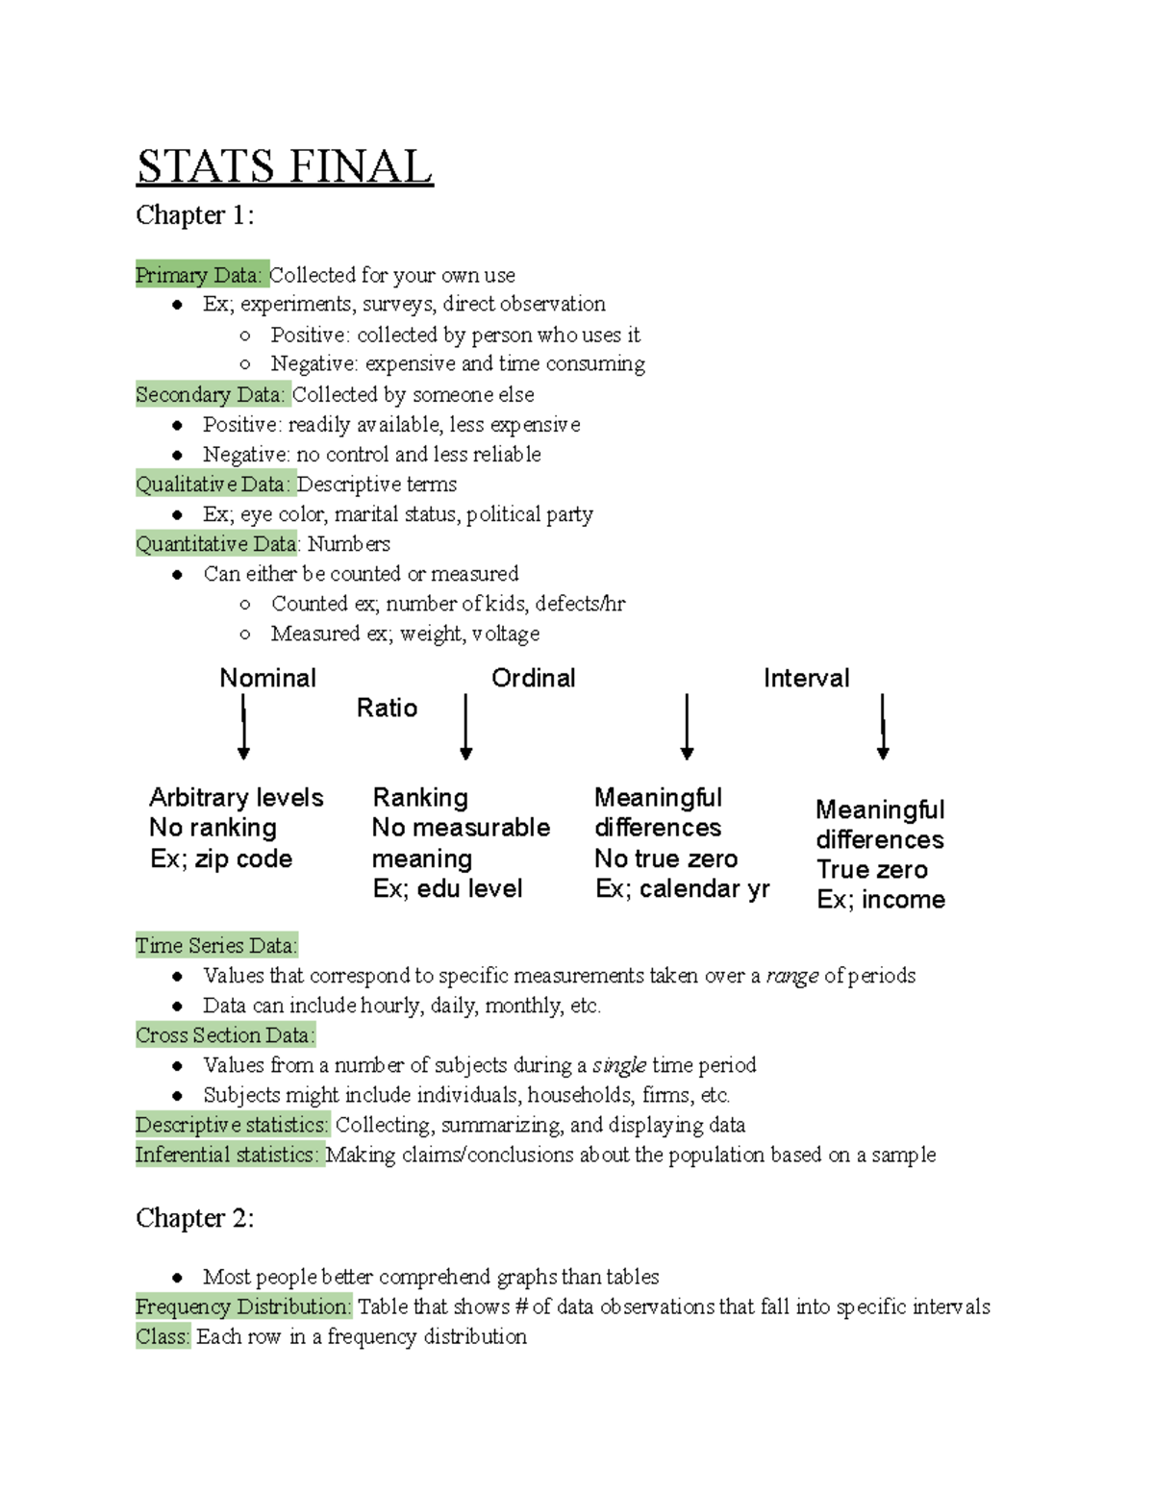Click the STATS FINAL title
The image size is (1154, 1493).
pyautogui.click(x=285, y=166)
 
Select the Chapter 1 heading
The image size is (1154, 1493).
pyautogui.click(x=194, y=215)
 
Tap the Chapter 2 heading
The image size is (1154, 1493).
pyautogui.click(x=194, y=1218)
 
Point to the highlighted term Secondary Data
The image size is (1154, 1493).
pyautogui.click(x=211, y=394)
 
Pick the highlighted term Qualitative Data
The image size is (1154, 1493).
pyautogui.click(x=213, y=484)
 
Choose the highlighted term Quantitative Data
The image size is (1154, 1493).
pyautogui.click(x=217, y=543)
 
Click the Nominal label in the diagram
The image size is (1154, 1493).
pyautogui.click(x=267, y=678)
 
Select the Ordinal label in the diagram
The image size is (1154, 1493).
pyautogui.click(x=533, y=678)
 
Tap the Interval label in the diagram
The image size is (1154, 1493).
pyautogui.click(x=806, y=678)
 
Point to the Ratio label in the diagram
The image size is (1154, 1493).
pyautogui.click(x=387, y=708)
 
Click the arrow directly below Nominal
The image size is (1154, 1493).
pyautogui.click(x=243, y=727)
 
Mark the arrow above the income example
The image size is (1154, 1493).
pyautogui.click(x=883, y=727)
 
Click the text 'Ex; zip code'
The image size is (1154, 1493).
pyautogui.click(x=221, y=858)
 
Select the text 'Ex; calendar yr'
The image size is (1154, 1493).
pyautogui.click(x=682, y=888)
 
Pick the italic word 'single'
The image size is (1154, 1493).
pyautogui.click(x=618, y=1065)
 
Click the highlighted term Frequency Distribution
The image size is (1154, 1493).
pyautogui.click(x=243, y=1306)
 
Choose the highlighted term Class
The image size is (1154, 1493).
pyautogui.click(x=163, y=1336)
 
